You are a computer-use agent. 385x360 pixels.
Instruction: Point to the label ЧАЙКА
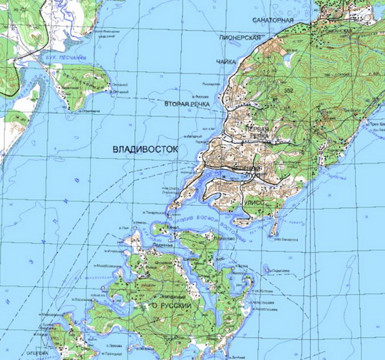226,62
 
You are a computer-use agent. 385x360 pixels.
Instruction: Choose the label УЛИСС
255,202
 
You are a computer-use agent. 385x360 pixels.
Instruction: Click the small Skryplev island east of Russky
267,269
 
